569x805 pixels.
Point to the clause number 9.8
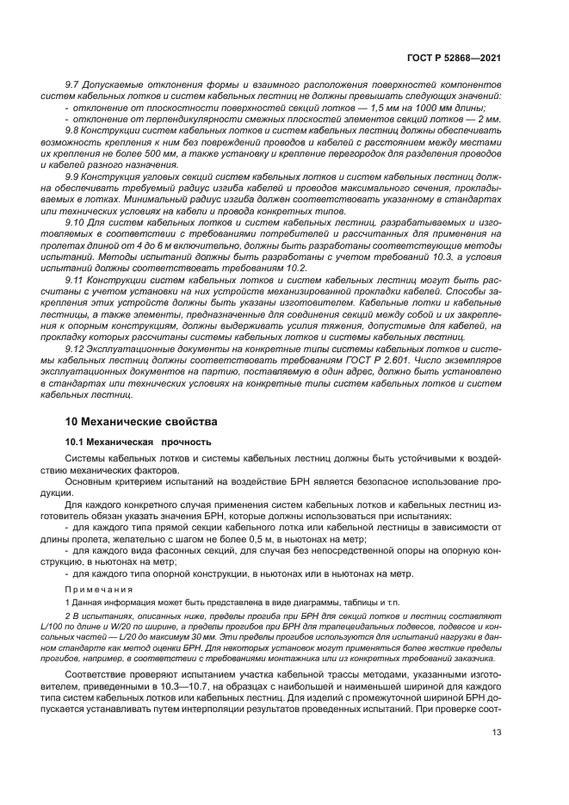[x=73, y=128]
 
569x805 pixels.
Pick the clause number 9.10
[x=76, y=222]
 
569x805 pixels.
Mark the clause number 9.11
[x=76, y=281]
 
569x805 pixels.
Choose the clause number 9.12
[x=76, y=349]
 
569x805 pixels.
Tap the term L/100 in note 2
[x=78, y=629]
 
